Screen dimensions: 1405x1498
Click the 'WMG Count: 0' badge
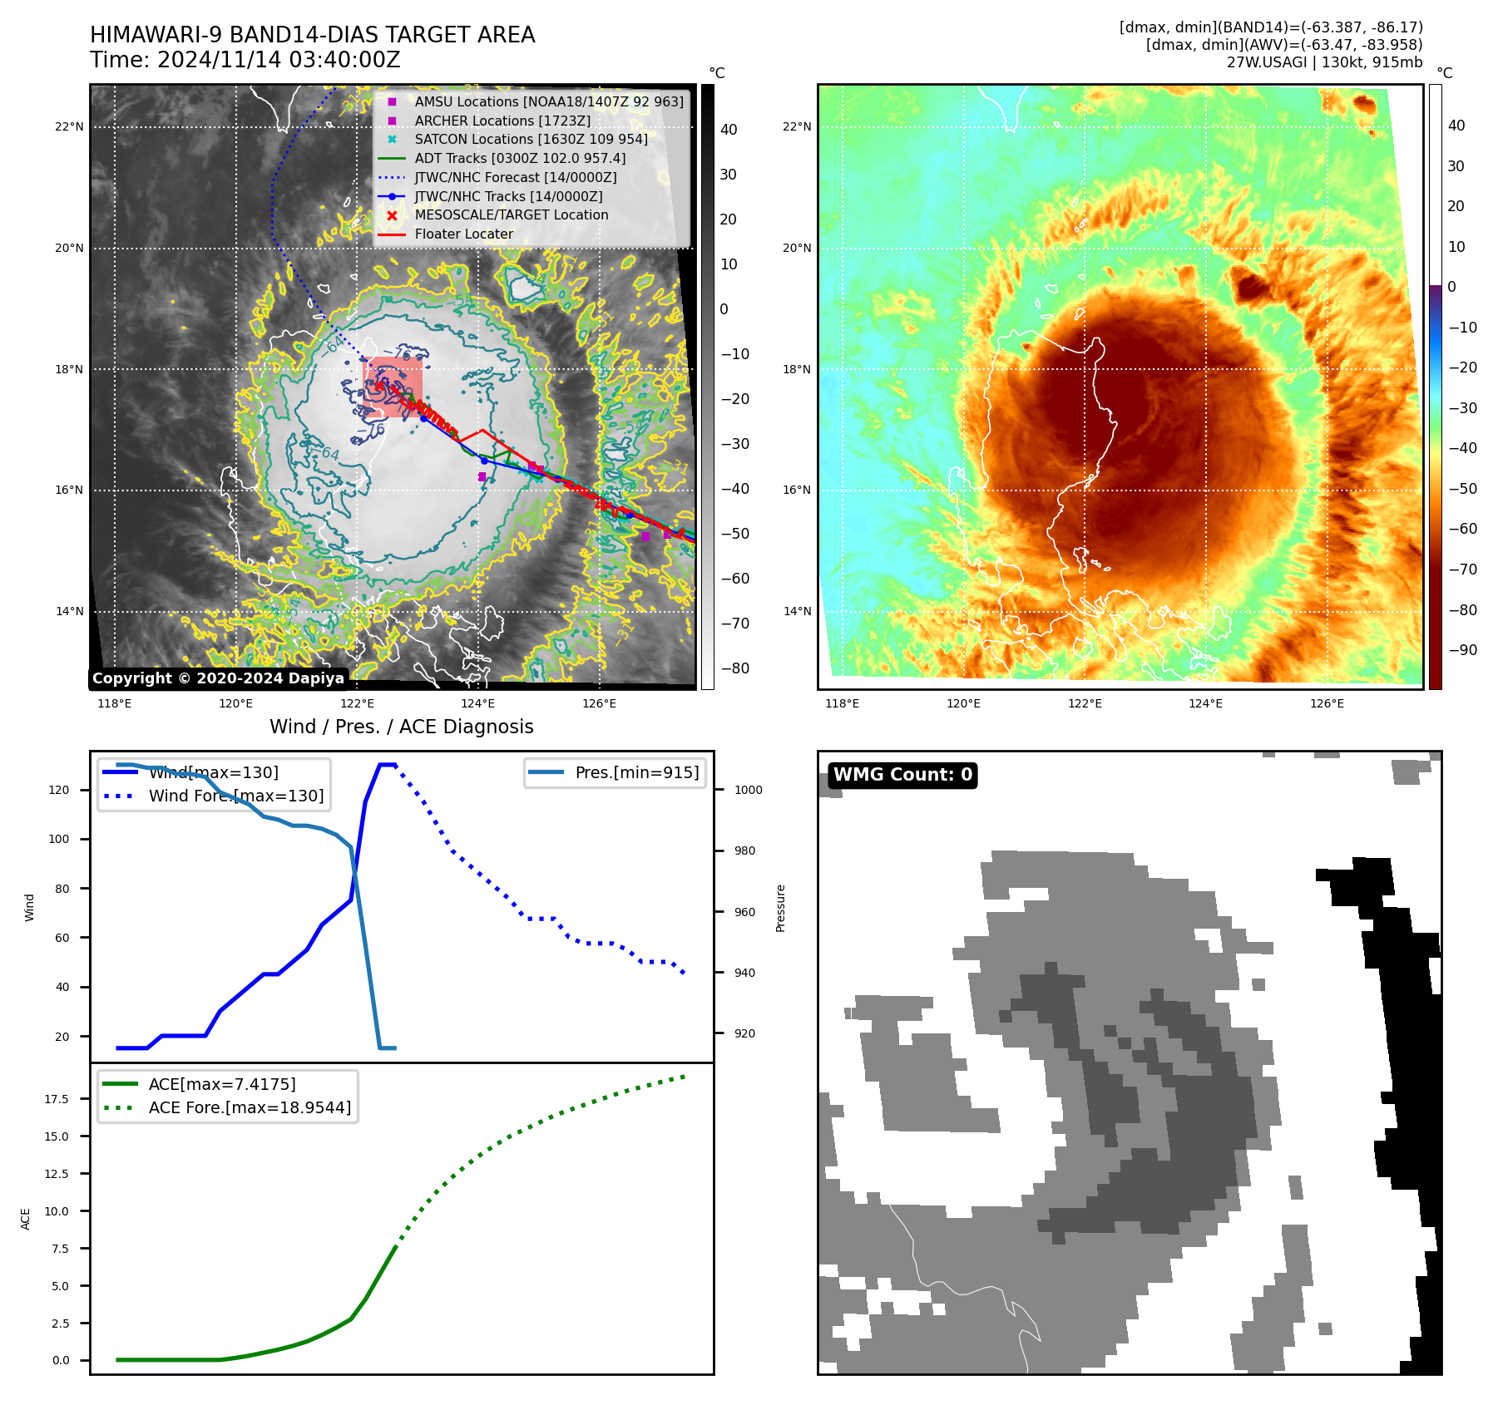902,775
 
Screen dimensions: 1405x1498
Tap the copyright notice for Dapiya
218,678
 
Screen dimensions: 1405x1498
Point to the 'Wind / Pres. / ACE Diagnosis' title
401,727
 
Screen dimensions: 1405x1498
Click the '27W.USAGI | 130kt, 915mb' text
1324,62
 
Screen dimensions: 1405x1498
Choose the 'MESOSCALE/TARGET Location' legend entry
511,215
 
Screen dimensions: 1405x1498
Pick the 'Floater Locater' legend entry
463,234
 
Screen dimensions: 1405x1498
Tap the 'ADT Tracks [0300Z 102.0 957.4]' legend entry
520,158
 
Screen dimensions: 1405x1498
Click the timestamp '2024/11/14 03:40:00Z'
279,60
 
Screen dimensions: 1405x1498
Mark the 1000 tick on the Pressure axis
748,790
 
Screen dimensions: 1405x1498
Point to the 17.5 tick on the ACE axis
57,1099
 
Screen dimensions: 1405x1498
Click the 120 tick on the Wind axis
59,790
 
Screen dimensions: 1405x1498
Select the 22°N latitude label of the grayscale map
69,127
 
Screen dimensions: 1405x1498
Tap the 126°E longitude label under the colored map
1327,703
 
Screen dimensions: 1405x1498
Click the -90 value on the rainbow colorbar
1462,650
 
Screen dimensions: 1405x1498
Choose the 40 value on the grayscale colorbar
729,129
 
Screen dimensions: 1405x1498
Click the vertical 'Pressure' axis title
780,908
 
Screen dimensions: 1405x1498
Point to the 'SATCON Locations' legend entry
531,139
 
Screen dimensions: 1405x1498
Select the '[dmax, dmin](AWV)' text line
1283,45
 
